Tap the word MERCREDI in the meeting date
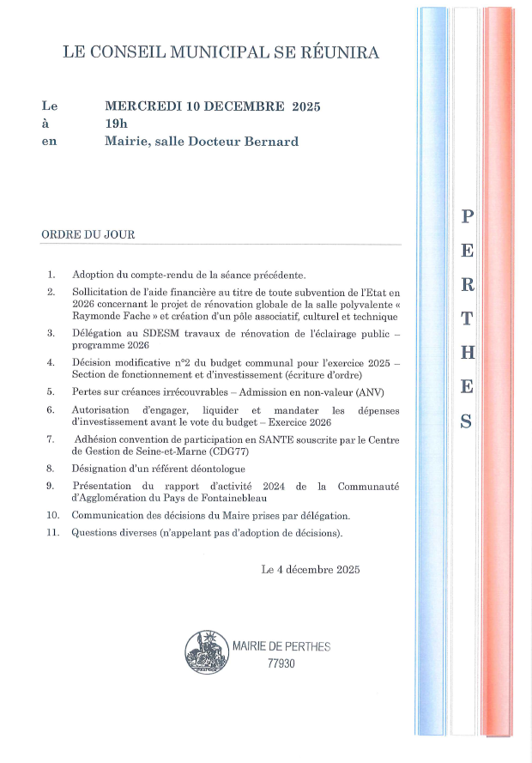[141, 106]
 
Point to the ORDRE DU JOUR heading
[88, 234]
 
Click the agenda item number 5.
[51, 391]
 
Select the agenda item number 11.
[53, 533]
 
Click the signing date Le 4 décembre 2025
[311, 569]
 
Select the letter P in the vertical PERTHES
[466, 216]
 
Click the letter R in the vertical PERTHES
[466, 284]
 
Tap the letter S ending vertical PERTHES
[466, 421]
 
